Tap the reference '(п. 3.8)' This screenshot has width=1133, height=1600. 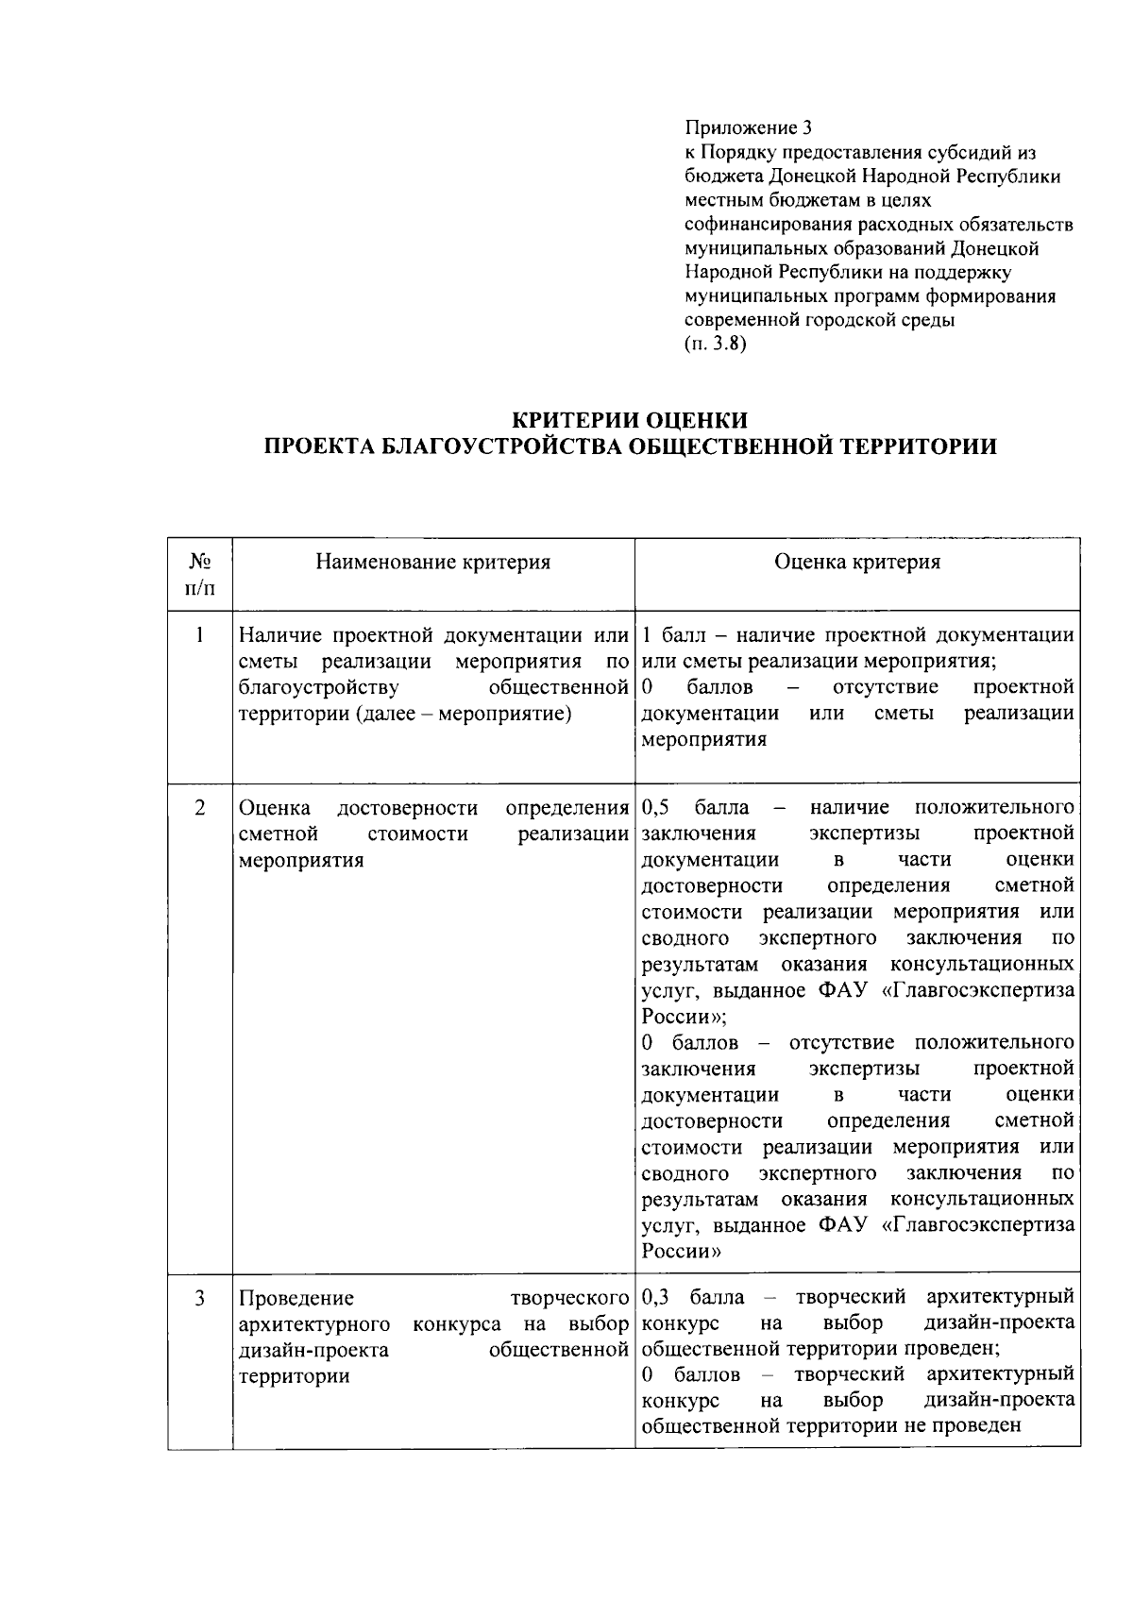pyautogui.click(x=715, y=345)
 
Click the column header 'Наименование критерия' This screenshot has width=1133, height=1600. pyautogui.click(x=432, y=563)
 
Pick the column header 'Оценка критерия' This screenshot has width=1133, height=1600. pyautogui.click(x=856, y=563)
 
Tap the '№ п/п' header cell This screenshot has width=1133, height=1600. pyautogui.click(x=199, y=575)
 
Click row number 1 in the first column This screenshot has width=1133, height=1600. pyautogui.click(x=200, y=635)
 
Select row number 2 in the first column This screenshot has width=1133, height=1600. pyautogui.click(x=200, y=808)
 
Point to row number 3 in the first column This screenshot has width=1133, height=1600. pyautogui.click(x=200, y=1299)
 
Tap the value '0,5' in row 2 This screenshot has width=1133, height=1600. pyautogui.click(x=655, y=808)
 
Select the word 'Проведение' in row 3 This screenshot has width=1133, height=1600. pyautogui.click(x=296, y=1299)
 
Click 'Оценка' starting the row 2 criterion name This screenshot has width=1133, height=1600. pyautogui.click(x=275, y=808)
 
